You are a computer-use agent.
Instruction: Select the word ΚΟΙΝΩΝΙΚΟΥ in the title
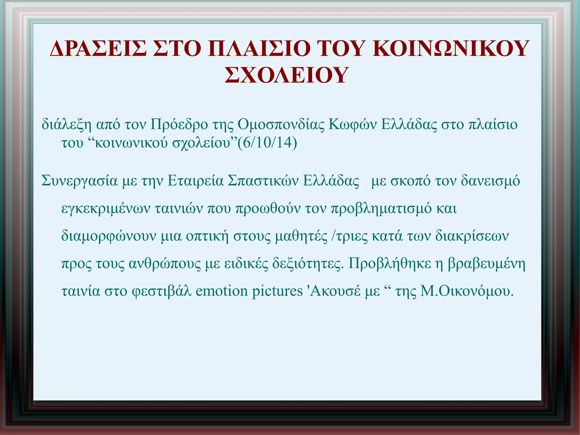[x=450, y=49]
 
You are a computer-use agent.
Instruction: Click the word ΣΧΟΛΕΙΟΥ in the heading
[x=286, y=75]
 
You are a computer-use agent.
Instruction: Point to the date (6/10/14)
[x=267, y=143]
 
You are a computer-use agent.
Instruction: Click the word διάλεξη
[x=67, y=125]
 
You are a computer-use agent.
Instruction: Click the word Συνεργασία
[x=79, y=181]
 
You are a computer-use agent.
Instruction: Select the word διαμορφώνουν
[x=108, y=236]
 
